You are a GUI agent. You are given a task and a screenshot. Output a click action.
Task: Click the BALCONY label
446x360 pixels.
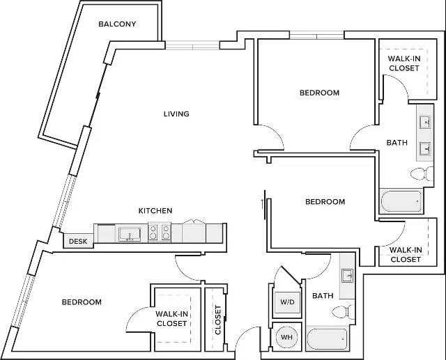tap(117, 24)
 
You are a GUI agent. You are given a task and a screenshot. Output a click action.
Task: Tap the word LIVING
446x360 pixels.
tap(176, 114)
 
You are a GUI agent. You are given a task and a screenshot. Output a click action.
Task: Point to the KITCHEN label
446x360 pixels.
tap(155, 211)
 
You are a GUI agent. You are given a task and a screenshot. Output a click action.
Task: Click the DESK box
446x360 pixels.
tap(78, 241)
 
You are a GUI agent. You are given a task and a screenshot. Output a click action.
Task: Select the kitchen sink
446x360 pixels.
tap(130, 235)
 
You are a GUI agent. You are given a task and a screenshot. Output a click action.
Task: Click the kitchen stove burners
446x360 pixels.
tap(160, 232)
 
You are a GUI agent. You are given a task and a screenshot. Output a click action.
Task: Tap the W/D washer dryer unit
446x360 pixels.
tap(287, 302)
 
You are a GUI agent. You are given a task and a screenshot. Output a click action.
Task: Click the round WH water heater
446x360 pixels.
tap(286, 337)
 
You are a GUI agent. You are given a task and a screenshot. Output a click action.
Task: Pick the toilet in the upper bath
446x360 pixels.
tap(422, 173)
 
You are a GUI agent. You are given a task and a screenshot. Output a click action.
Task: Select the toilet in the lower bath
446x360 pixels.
tap(344, 312)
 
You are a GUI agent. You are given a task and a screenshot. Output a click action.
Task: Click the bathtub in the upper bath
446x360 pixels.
tap(401, 201)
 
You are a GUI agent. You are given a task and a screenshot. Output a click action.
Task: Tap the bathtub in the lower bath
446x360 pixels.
tap(328, 339)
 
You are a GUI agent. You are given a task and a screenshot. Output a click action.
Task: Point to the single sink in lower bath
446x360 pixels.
tap(347, 276)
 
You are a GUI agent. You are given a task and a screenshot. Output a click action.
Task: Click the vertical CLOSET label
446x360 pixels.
tap(218, 320)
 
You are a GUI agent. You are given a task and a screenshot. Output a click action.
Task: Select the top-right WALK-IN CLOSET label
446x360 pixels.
tap(404, 63)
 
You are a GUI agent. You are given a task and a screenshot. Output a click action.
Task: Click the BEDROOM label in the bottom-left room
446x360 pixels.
tap(82, 302)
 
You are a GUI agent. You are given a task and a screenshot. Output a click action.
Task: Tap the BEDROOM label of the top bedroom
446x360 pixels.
tap(319, 93)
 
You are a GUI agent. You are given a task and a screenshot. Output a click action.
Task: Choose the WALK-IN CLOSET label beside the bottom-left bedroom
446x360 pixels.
tap(171, 319)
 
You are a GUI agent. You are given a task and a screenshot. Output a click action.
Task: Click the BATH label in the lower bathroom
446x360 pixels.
tap(323, 296)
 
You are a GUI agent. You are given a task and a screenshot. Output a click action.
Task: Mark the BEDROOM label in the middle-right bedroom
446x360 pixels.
tap(325, 202)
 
